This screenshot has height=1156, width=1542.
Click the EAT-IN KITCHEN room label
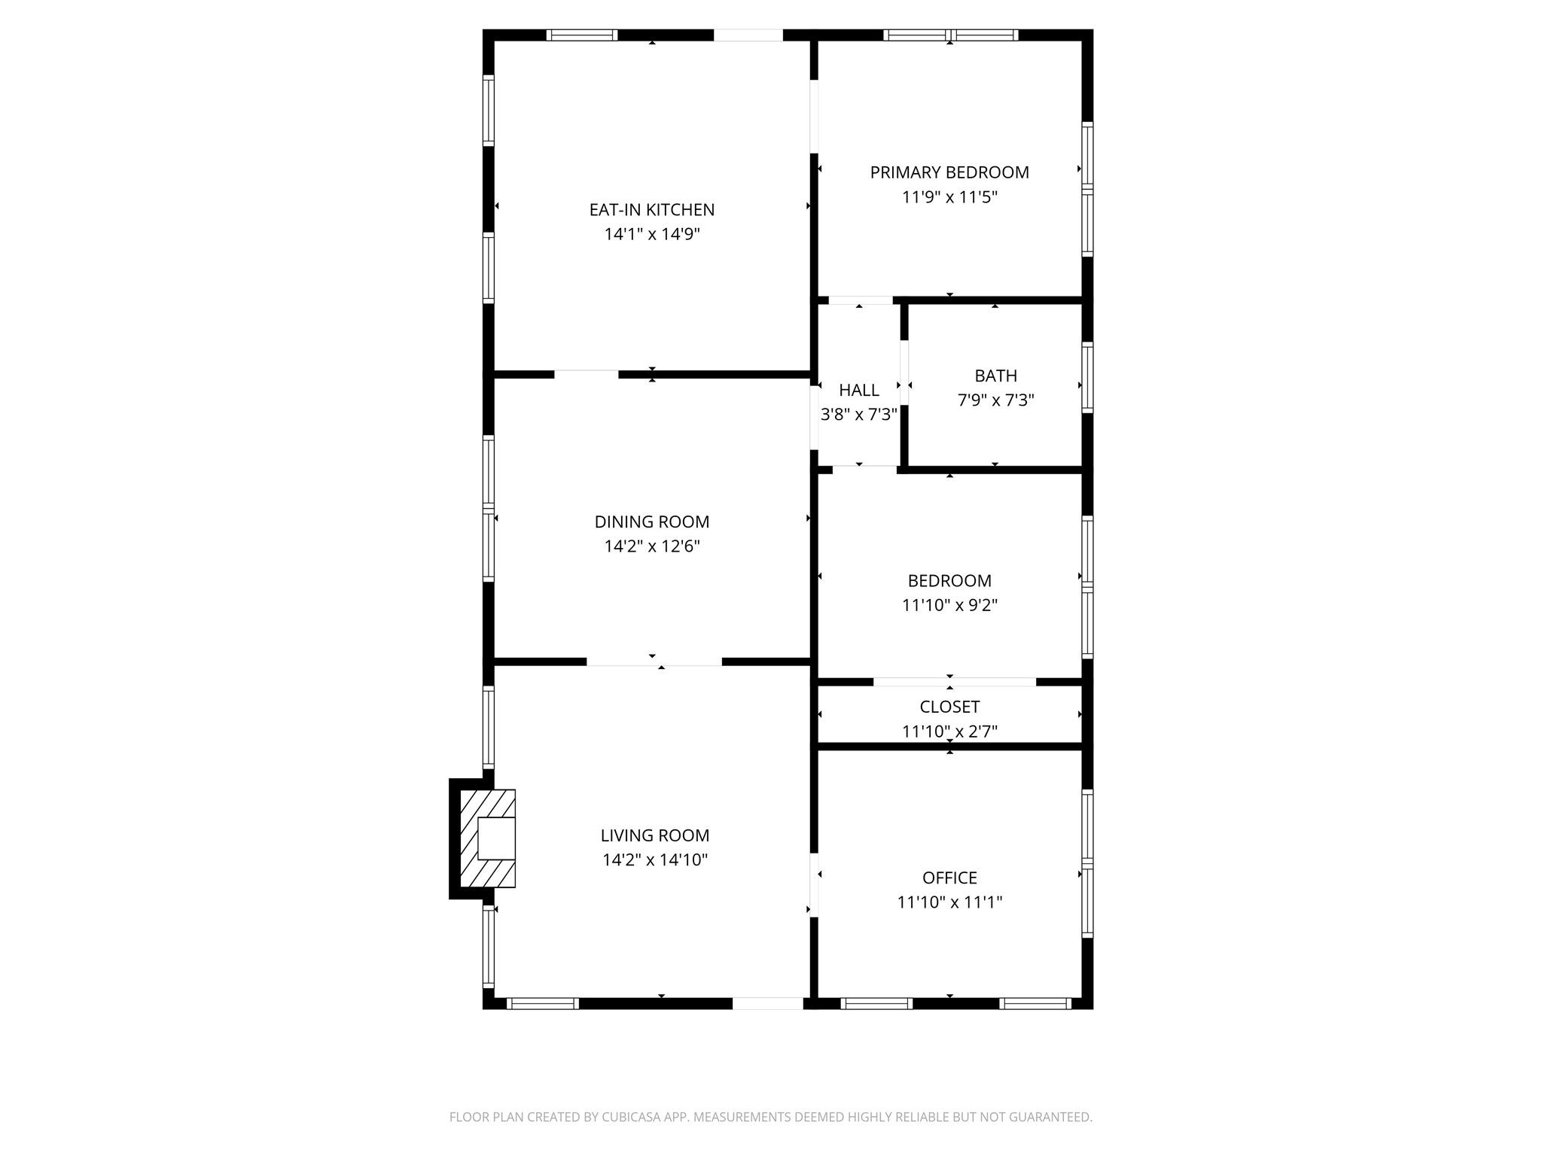coord(651,209)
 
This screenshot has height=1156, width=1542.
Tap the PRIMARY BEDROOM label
coord(949,172)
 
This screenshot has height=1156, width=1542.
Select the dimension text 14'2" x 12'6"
coord(652,546)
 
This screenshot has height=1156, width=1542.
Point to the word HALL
coord(859,390)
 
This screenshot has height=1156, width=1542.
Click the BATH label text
coord(995,376)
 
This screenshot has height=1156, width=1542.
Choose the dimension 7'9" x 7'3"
coord(995,400)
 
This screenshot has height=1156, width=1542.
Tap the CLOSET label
coord(949,707)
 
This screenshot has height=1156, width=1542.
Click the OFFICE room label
coord(949,878)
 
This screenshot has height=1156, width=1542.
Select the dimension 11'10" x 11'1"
coord(949,902)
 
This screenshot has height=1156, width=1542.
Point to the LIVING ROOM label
coord(655,835)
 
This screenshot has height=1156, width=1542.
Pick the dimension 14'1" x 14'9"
coord(652,234)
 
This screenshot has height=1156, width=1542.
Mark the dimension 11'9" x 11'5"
coord(949,197)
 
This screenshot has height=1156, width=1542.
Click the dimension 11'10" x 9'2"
coord(949,605)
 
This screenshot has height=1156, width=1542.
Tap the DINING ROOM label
coord(652,522)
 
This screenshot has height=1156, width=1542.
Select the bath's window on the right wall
coord(1087,377)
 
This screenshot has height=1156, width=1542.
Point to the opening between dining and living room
coord(654,662)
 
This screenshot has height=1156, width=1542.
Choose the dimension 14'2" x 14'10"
coord(655,860)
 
